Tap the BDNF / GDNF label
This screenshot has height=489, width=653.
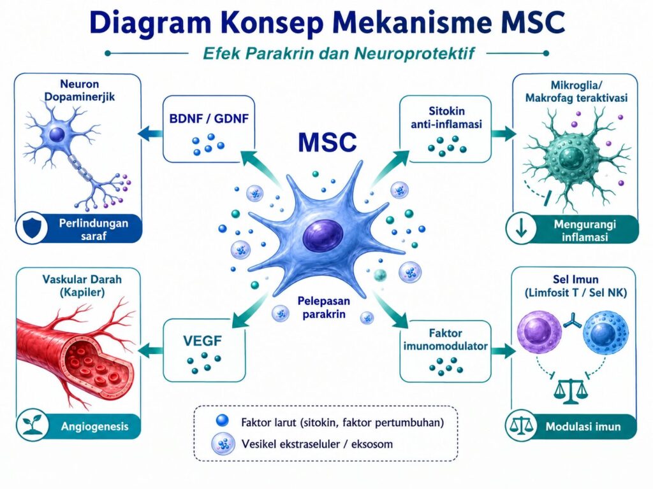pos(209,118)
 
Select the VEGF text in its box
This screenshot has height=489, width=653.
pos(202,341)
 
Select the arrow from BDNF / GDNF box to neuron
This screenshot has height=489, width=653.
pos(150,134)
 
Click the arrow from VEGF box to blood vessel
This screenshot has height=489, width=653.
pos(150,351)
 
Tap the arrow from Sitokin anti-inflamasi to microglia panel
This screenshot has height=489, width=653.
pos(504,133)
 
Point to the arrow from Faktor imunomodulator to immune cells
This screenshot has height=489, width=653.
pos(504,351)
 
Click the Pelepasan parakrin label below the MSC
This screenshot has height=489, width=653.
pos(323,308)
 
